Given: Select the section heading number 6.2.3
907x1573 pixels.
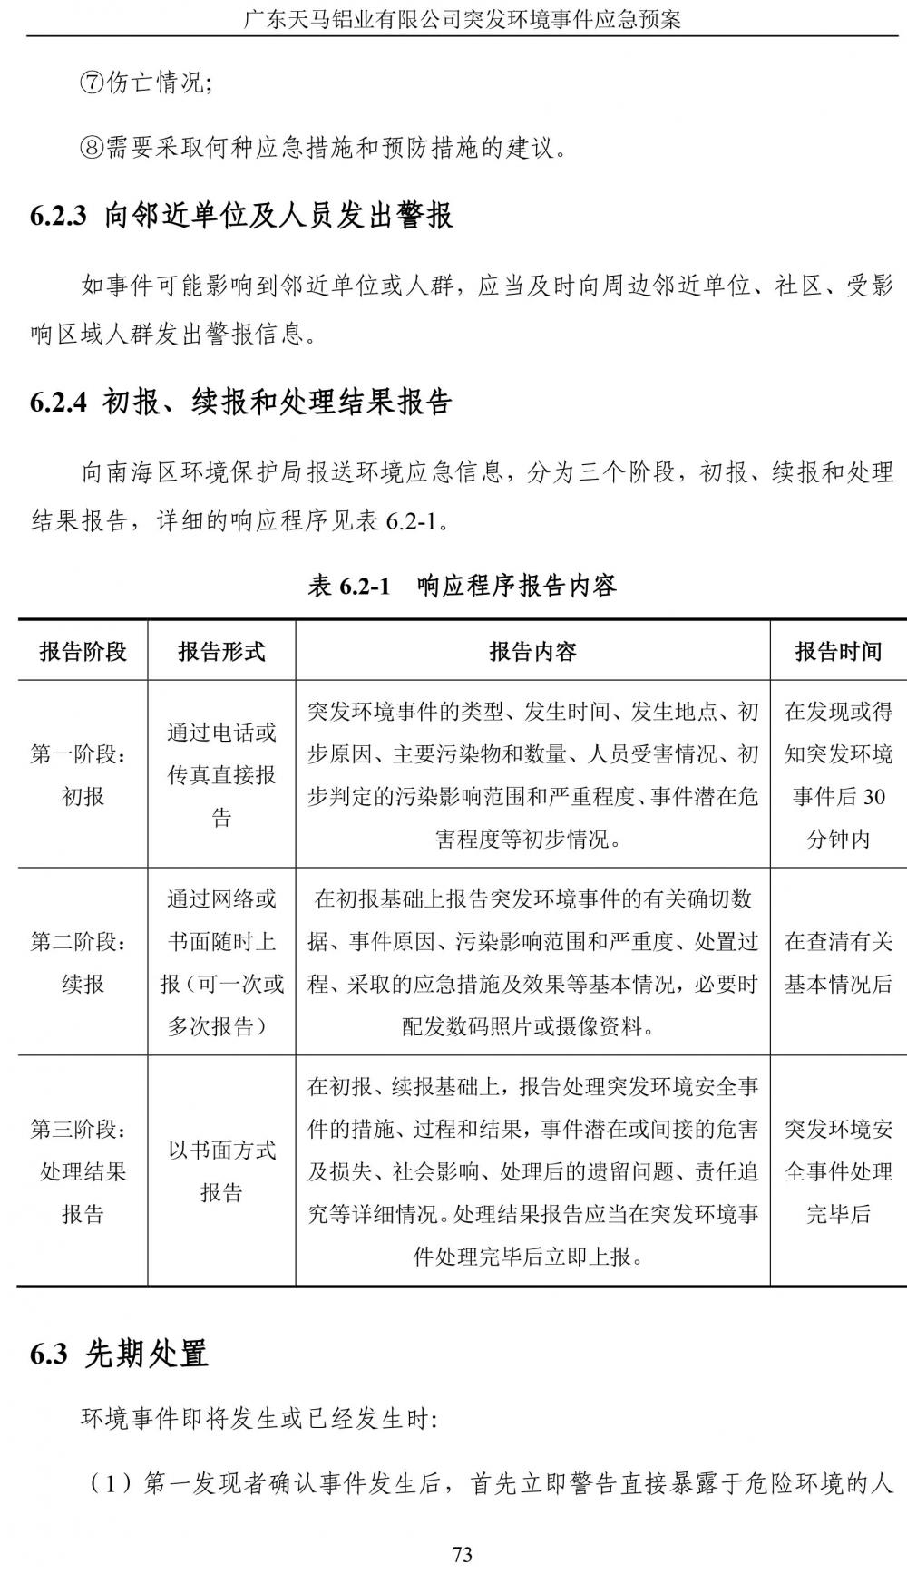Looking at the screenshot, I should [x=58, y=216].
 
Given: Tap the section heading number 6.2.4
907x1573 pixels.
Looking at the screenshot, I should [x=58, y=402].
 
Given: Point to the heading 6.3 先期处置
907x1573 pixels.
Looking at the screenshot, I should [x=119, y=1354].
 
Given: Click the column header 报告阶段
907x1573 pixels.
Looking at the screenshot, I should [x=83, y=651].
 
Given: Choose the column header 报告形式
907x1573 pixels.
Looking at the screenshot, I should [x=221, y=651].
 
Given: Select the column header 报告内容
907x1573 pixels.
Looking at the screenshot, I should [x=532, y=651].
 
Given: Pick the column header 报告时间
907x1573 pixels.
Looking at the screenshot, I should [x=838, y=651].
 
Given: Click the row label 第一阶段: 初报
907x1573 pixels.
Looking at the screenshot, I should [x=83, y=775].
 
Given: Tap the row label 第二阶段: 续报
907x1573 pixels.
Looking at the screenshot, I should [x=83, y=963].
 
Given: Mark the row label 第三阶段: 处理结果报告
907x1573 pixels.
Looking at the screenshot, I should [x=83, y=1171].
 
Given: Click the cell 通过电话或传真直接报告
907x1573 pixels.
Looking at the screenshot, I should [x=221, y=775].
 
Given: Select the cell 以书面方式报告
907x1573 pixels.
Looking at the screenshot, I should [x=221, y=1171].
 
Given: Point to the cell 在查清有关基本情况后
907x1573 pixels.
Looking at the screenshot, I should [x=838, y=963].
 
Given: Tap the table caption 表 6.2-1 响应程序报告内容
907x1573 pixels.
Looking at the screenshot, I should [x=462, y=586].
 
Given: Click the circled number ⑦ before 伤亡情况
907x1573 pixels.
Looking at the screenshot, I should [x=93, y=83].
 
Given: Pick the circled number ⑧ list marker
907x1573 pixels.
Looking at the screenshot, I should [x=93, y=147].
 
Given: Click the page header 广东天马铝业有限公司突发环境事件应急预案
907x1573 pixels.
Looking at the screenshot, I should [x=462, y=18].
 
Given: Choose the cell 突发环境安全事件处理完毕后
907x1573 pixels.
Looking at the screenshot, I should [x=838, y=1171].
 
